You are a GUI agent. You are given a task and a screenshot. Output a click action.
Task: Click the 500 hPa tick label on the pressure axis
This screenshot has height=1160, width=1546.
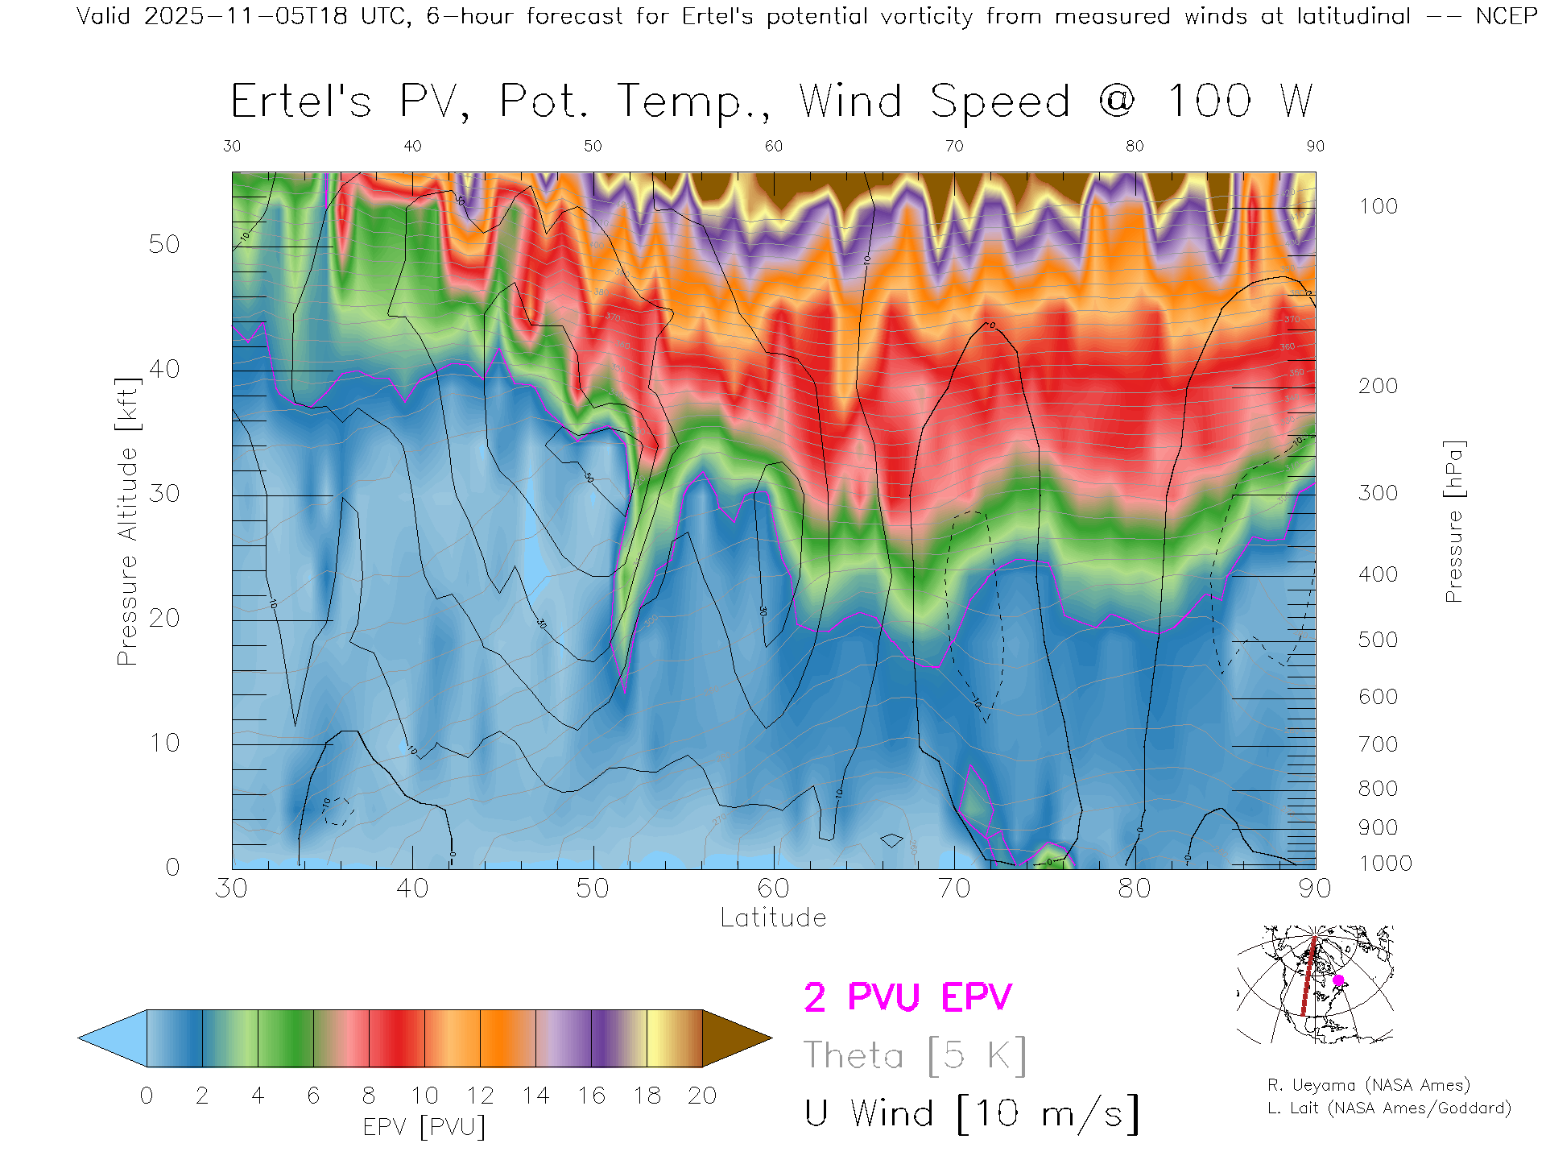[1378, 640]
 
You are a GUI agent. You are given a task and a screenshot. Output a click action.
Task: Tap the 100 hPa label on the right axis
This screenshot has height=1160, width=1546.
[1378, 206]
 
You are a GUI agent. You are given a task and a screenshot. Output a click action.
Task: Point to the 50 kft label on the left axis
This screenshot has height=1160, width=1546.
[163, 244]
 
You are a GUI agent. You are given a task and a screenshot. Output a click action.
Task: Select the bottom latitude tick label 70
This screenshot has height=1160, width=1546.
[953, 888]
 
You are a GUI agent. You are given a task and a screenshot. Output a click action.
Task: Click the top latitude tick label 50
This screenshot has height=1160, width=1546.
[593, 146]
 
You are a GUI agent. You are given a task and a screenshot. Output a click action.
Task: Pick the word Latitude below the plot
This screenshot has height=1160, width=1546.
[773, 918]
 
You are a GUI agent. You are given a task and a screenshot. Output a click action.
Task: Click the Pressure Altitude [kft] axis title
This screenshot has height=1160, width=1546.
[127, 521]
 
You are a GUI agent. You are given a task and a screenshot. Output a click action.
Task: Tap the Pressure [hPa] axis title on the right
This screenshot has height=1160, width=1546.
[1453, 521]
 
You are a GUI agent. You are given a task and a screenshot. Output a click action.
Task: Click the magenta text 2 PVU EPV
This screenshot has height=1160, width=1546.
[907, 997]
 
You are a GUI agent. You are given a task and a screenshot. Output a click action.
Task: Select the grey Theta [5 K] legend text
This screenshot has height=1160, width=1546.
[915, 1055]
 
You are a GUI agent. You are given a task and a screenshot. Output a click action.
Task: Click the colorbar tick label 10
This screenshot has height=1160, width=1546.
[424, 1096]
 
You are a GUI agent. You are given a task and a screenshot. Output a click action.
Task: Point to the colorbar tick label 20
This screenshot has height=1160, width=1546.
[702, 1096]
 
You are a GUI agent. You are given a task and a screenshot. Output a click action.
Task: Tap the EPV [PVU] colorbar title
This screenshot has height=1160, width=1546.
[424, 1126]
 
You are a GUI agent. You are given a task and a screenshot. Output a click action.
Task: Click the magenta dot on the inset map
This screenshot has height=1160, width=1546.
[1338, 980]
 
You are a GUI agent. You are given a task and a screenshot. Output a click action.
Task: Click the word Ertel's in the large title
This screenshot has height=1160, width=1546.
[301, 101]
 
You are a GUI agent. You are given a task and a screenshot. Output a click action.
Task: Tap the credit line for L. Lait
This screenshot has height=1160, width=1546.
[1389, 1108]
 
